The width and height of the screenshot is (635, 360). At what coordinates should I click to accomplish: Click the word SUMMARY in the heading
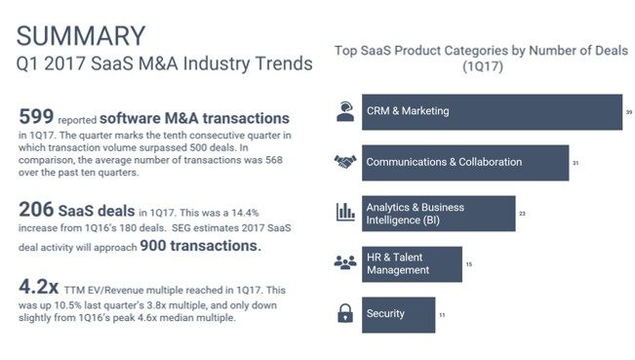[81, 36]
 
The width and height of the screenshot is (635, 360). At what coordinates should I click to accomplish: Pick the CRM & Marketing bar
[492, 111]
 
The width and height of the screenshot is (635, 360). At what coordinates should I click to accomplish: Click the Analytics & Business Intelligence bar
[438, 213]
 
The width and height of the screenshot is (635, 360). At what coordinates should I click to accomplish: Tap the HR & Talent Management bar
[412, 263]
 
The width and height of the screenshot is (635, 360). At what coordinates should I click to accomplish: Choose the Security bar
[398, 314]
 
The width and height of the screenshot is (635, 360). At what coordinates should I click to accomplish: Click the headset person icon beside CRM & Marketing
[345, 111]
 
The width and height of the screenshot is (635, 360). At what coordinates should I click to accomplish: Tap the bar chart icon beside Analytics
[345, 213]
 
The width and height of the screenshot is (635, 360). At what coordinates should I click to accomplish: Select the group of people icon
[345, 263]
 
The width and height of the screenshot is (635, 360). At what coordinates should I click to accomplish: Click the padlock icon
[345, 314]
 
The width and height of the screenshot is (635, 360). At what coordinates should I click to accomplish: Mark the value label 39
[629, 112]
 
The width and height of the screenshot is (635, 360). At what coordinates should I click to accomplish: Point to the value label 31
[576, 163]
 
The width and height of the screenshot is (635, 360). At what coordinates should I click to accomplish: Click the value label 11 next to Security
[442, 315]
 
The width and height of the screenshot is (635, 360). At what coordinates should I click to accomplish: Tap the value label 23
[523, 214]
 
